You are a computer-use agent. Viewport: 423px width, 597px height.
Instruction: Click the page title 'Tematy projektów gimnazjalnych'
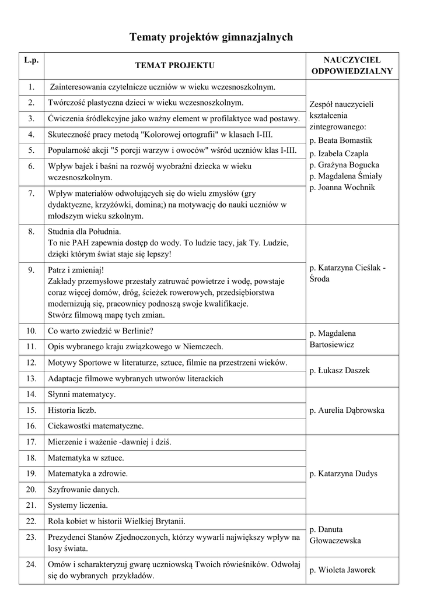(x=211, y=37)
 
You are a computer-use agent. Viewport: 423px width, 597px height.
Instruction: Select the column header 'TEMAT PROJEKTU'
(x=175, y=66)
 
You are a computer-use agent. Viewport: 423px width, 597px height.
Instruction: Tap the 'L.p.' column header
(x=31, y=60)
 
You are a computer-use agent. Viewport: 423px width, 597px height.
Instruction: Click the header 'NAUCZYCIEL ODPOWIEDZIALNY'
(x=352, y=66)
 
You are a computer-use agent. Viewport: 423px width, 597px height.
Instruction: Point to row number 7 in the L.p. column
(x=31, y=193)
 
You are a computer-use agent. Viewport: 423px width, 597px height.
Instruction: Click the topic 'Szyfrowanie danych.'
(x=83, y=489)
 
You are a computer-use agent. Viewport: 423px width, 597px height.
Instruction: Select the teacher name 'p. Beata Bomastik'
(x=341, y=141)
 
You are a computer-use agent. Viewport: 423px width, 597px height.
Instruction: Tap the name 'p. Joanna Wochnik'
(x=342, y=188)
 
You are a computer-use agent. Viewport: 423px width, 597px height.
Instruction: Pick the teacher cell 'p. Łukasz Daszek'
(x=340, y=370)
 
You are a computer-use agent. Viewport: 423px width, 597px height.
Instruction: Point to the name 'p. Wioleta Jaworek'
(x=342, y=570)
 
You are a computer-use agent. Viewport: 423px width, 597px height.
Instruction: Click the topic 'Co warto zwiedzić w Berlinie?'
(x=100, y=331)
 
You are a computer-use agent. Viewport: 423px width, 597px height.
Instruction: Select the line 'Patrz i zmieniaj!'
(x=75, y=270)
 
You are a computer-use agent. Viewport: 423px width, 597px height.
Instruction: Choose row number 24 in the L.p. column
(x=31, y=564)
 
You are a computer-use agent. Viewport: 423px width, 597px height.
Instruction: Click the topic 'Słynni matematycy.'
(x=82, y=394)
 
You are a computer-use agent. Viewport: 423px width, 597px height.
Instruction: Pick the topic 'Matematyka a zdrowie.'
(x=88, y=473)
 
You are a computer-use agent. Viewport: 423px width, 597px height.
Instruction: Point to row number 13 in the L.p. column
(x=31, y=378)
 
